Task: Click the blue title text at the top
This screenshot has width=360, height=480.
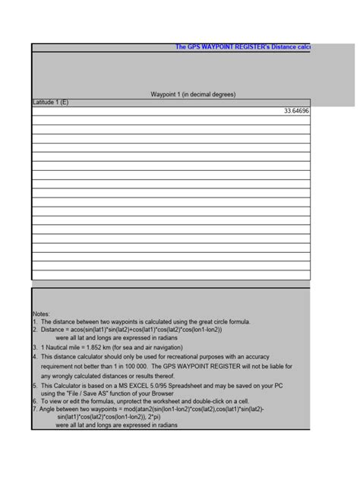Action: tap(242, 47)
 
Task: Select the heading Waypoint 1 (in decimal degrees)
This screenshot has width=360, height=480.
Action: tap(193, 94)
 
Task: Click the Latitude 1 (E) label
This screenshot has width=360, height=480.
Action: tap(49, 103)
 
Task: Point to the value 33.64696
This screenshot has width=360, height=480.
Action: tap(296, 111)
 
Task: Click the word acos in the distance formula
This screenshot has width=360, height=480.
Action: tap(84, 330)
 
